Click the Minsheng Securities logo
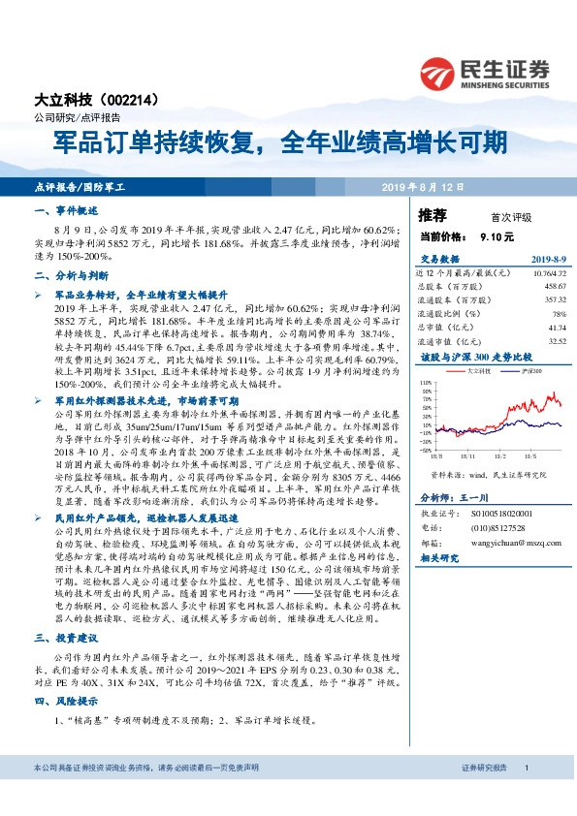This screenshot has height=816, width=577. [484, 70]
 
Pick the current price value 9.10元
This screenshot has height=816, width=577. [497, 235]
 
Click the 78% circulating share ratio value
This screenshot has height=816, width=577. [559, 314]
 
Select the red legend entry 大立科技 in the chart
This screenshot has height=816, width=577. [476, 371]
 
